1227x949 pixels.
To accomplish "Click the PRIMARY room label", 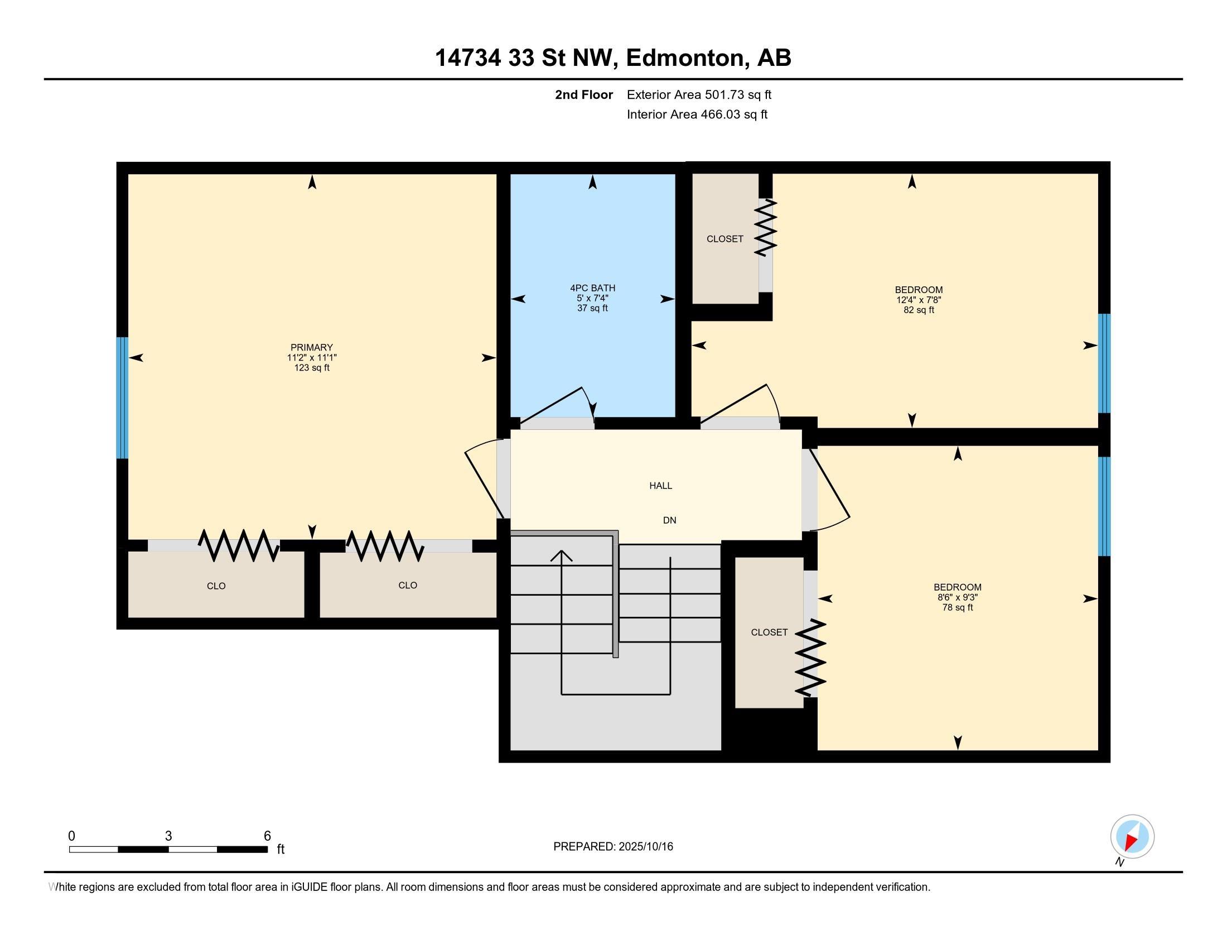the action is click(x=312, y=347).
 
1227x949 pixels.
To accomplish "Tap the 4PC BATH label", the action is click(x=593, y=288).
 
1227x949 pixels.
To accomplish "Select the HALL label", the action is click(x=661, y=486).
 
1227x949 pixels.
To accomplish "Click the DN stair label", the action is click(x=670, y=521).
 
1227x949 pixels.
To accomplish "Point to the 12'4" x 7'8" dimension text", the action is click(x=919, y=300).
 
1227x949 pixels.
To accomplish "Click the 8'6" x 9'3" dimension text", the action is click(x=958, y=598).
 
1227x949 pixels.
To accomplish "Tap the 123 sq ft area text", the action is click(x=312, y=368).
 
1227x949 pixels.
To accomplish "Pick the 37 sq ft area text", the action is click(x=593, y=308).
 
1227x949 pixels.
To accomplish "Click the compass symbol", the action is click(x=1132, y=836).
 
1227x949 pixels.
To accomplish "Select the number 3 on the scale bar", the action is click(x=168, y=836).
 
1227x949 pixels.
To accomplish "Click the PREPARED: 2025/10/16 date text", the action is click(x=613, y=847).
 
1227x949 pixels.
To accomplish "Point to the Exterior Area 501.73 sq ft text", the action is click(x=699, y=94).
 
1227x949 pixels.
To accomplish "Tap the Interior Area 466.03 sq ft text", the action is click(x=697, y=114).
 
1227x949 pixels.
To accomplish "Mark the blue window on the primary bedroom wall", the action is click(x=122, y=397).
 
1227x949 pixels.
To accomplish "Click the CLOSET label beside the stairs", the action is click(x=769, y=632).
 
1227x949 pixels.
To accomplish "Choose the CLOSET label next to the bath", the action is click(x=724, y=239).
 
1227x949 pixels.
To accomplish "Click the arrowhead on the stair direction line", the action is click(x=561, y=555).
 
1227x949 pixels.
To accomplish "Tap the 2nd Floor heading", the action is click(x=584, y=94).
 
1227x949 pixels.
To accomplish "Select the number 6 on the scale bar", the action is click(x=267, y=836).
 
